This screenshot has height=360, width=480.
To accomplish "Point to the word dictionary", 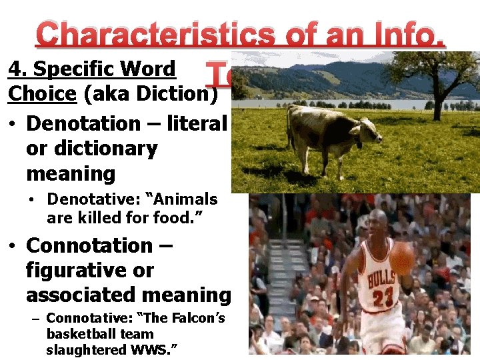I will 91,149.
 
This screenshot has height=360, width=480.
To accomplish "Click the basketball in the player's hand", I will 402,258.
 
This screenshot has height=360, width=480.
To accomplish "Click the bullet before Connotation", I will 12,246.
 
